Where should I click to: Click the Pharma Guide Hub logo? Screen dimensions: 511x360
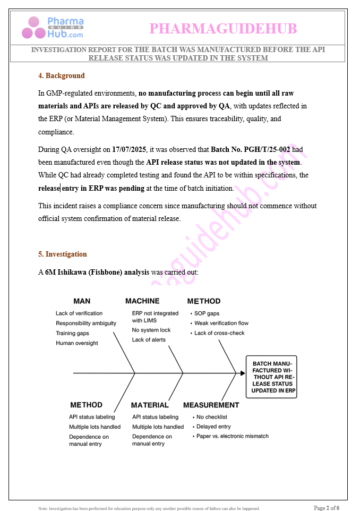point(52,28)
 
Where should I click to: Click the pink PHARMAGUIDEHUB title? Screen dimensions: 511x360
point(223,28)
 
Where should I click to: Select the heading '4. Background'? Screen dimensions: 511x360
point(61,76)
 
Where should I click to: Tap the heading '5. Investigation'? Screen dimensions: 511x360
point(62,254)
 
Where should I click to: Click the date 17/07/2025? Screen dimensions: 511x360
point(130,149)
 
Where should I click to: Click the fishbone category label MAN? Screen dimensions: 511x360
point(82,301)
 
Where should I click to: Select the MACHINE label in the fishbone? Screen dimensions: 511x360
point(142,301)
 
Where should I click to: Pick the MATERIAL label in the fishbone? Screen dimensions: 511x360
point(150,405)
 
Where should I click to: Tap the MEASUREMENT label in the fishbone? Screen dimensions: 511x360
point(211,405)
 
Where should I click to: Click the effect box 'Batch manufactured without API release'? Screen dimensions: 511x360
point(272,377)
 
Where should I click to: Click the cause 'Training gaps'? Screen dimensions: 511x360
point(72,333)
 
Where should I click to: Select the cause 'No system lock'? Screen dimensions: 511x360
point(151,330)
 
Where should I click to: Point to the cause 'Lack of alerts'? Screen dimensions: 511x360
point(149,339)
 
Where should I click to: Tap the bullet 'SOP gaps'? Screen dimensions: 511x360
point(207,313)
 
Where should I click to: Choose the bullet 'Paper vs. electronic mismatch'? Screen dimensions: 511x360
point(232,436)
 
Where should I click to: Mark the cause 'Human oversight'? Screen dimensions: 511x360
point(77,343)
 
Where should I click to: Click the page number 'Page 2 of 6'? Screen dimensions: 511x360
point(326,508)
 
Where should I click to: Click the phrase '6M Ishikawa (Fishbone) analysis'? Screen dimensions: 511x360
point(105,272)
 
